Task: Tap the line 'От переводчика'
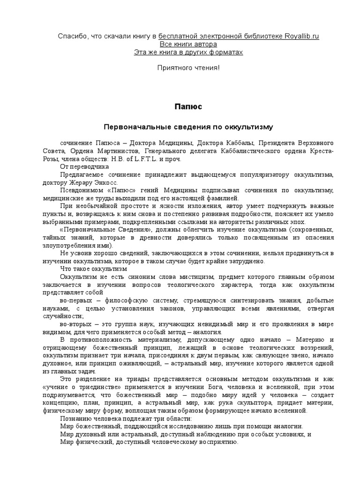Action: (84, 166)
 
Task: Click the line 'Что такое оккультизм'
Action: (94, 269)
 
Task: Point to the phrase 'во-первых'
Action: (75, 300)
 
